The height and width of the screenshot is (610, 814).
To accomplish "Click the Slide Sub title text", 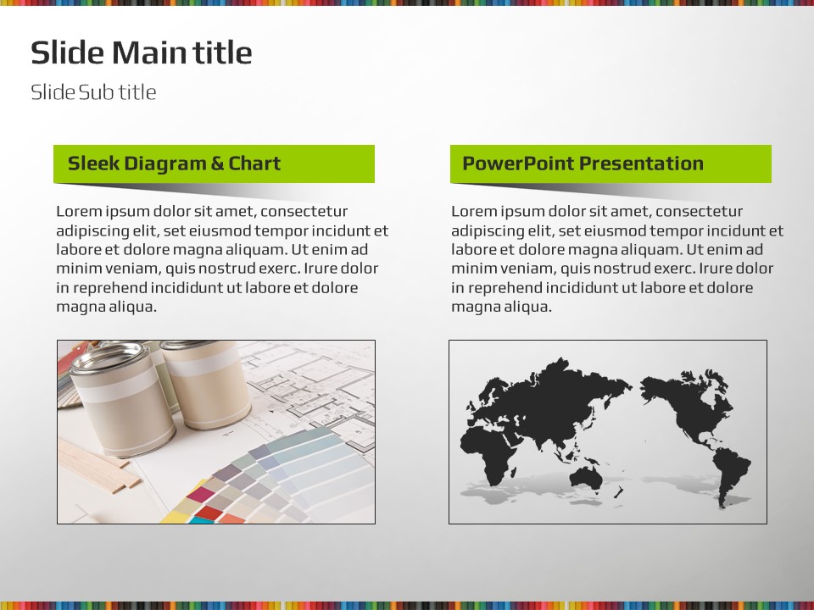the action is tap(93, 92).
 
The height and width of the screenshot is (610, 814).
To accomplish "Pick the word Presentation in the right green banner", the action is tap(641, 164).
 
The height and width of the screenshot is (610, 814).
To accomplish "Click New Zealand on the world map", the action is tap(618, 491).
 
